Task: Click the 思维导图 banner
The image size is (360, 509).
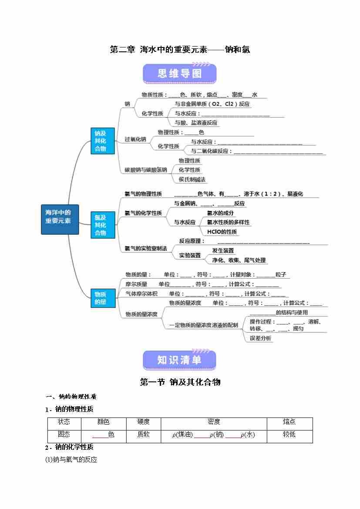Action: click(x=179, y=74)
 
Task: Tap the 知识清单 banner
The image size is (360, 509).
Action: click(x=179, y=360)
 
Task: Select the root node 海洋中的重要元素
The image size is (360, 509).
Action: click(x=60, y=219)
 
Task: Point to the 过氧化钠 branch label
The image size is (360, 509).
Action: click(x=135, y=139)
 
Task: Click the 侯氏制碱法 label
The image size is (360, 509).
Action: click(x=192, y=179)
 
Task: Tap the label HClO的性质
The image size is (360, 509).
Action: click(x=222, y=232)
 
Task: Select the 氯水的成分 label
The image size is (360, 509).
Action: click(x=220, y=213)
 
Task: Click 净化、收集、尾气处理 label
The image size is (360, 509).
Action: click(x=239, y=260)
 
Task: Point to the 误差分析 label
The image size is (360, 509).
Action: click(x=260, y=338)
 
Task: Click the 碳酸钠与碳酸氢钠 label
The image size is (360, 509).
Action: click(x=146, y=170)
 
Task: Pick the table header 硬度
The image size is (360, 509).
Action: click(x=143, y=422)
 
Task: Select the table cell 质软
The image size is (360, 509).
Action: click(x=143, y=435)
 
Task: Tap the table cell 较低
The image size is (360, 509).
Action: click(x=289, y=435)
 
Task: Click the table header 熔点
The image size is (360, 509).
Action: click(x=289, y=422)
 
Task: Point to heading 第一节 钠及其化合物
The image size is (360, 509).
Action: click(x=180, y=382)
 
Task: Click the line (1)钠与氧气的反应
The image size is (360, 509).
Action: click(x=71, y=459)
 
